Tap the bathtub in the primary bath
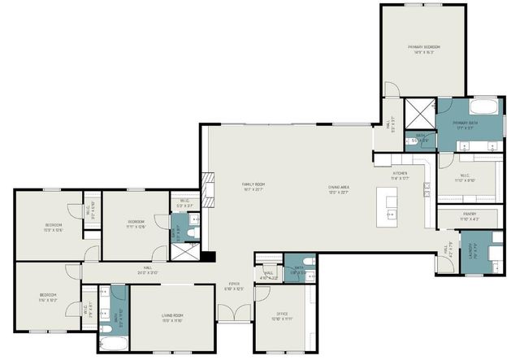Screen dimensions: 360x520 click(x=484, y=106)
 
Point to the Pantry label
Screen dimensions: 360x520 click(x=468, y=216)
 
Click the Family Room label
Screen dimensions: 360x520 click(x=254, y=187)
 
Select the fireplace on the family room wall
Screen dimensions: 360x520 click(x=208, y=189)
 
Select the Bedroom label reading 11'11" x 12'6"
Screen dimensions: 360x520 click(x=136, y=223)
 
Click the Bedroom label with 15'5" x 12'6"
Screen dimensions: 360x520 click(x=54, y=226)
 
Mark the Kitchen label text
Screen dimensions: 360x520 click(x=400, y=175)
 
